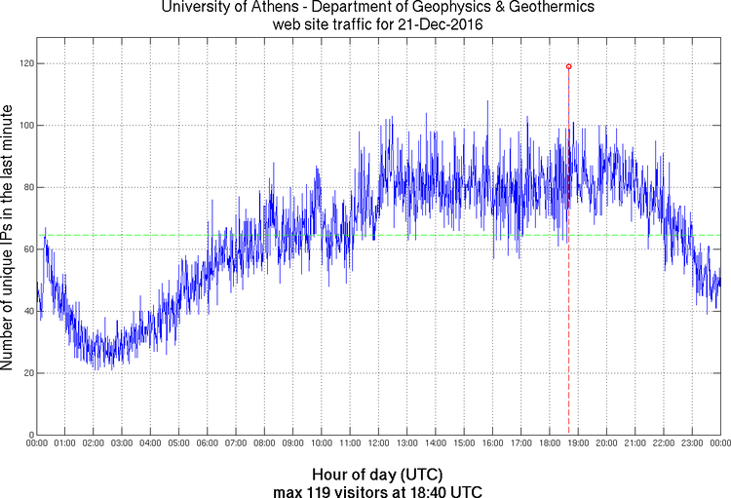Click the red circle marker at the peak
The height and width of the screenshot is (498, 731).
568,66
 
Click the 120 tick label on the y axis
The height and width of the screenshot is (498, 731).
24,63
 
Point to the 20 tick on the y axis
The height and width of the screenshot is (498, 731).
26,373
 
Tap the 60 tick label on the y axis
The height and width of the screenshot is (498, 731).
26,249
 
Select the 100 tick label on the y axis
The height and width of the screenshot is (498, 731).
24,126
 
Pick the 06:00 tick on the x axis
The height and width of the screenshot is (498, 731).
208,443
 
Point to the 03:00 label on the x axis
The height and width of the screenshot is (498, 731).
122,443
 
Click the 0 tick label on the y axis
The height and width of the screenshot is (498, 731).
29,435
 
